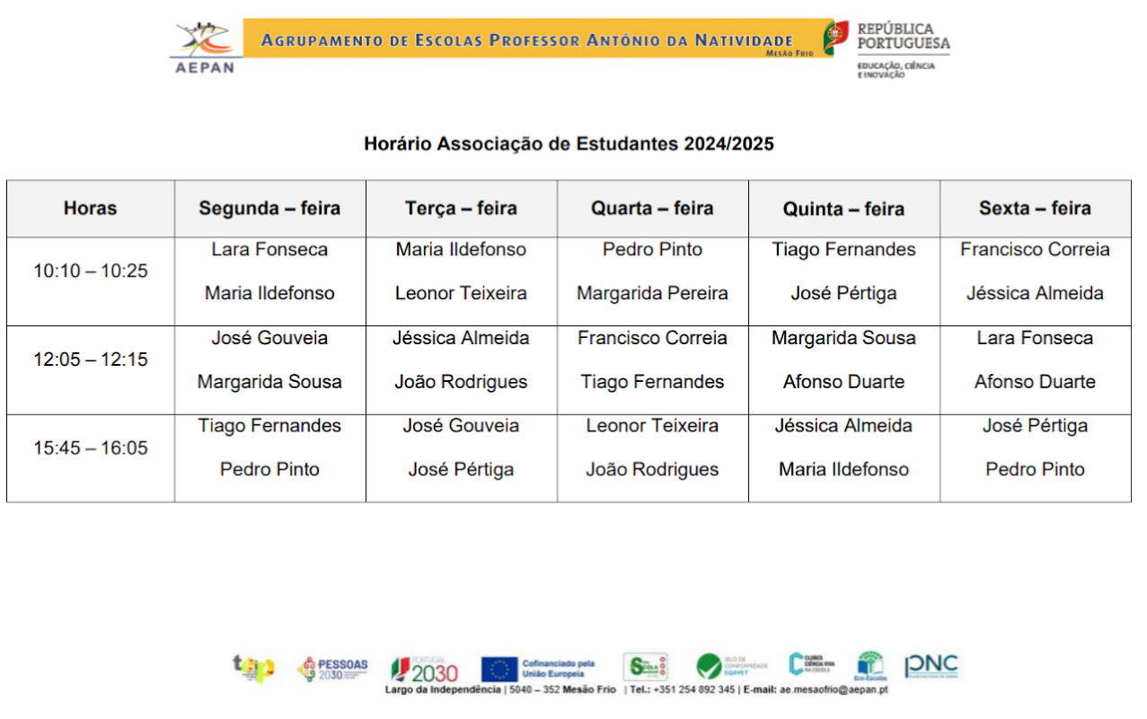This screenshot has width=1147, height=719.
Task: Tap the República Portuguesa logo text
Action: pyautogui.click(x=903, y=36)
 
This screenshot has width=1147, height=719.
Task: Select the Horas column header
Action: pyautogui.click(x=90, y=209)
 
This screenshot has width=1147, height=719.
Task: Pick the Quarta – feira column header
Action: pyautogui.click(x=652, y=209)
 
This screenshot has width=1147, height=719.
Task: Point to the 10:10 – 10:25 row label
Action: pyautogui.click(x=90, y=271)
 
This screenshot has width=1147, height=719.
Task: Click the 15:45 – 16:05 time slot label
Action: pyautogui.click(x=90, y=448)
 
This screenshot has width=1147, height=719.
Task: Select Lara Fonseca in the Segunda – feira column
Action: pyautogui.click(x=269, y=250)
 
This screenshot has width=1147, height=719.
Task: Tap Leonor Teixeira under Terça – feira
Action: pyautogui.click(x=461, y=293)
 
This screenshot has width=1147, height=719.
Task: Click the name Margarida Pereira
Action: pyautogui.click(x=652, y=293)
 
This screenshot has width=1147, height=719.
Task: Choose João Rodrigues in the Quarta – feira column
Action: pyautogui.click(x=652, y=469)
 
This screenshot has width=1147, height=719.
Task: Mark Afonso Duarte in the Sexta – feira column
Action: pyautogui.click(x=1035, y=382)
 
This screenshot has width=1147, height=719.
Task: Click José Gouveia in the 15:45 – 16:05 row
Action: pyautogui.click(x=461, y=426)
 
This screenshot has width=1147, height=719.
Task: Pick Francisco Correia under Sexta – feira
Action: pyautogui.click(x=1035, y=250)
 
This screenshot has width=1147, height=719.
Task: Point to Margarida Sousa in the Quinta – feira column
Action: pyautogui.click(x=843, y=338)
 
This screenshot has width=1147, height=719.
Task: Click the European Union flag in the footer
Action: pyautogui.click(x=499, y=669)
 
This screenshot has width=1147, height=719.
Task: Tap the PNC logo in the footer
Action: pyautogui.click(x=931, y=666)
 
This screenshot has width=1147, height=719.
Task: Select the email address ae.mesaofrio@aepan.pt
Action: pyautogui.click(x=834, y=689)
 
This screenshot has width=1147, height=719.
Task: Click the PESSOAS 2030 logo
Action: pyautogui.click(x=332, y=668)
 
